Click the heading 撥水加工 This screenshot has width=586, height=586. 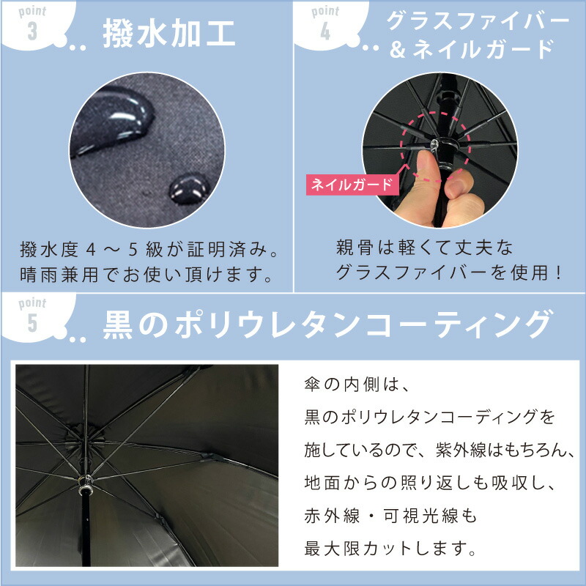click(x=168, y=35)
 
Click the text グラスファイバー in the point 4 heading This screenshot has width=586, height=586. click(x=477, y=21)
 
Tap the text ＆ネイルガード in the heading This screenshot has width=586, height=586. click(x=478, y=50)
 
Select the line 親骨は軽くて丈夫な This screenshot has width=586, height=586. click(x=425, y=246)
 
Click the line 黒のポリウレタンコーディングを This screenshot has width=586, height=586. click(x=429, y=418)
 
